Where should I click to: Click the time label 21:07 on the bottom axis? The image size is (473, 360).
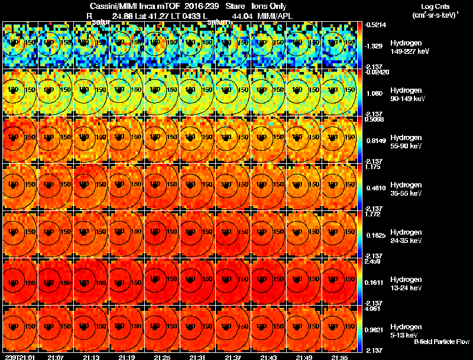56,356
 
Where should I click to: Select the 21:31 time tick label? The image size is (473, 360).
197,356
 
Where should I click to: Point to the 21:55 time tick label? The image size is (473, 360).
339,356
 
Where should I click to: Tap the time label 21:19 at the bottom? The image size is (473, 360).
127,356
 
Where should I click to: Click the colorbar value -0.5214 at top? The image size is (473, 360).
374,25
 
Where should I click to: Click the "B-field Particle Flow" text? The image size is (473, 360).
442,342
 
